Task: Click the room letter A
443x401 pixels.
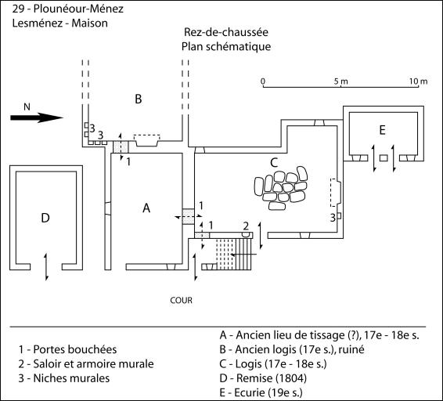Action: pos(146,208)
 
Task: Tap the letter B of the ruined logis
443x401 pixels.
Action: pos(139,99)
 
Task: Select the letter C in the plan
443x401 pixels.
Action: pos(274,163)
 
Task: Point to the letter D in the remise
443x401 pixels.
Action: pos(45,218)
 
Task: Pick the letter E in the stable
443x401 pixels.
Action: pos(382,130)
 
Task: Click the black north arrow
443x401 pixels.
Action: pos(37,117)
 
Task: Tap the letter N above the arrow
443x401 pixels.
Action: pos(27,107)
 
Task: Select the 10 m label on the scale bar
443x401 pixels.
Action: pos(419,81)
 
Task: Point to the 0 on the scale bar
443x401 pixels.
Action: pos(263,81)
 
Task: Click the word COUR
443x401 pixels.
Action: pos(181,300)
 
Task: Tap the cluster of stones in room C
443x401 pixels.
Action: pos(280,188)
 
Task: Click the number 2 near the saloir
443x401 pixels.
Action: pos(246,226)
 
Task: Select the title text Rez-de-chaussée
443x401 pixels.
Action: pos(226,32)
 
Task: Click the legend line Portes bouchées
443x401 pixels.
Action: pos(68,349)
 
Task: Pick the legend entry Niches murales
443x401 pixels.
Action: pos(64,378)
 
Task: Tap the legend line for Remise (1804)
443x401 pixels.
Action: pos(263,378)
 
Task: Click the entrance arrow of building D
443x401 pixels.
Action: pos(46,267)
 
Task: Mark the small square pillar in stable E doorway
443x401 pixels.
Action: pos(384,157)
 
